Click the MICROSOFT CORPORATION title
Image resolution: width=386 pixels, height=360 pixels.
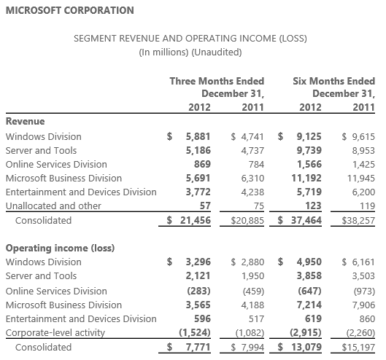[x=70, y=11]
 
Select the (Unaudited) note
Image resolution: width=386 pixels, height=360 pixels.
[x=217, y=52]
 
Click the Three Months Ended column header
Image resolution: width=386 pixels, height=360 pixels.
[x=217, y=81]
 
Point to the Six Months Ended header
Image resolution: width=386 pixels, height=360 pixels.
[x=333, y=81]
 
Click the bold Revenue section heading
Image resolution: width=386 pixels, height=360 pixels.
[x=25, y=121]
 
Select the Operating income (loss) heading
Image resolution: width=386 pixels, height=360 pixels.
[x=60, y=248]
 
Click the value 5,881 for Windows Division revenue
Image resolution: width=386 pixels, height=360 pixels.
[x=198, y=136]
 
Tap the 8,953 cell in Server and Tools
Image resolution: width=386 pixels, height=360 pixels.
[x=363, y=151]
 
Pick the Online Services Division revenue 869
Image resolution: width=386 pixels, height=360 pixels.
[x=202, y=164]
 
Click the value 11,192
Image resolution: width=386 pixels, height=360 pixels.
[x=306, y=178]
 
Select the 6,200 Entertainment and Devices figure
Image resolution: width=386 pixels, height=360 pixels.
[x=363, y=192]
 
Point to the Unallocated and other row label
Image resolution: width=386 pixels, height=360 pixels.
[x=53, y=206]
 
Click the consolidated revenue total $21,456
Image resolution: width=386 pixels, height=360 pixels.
[x=189, y=220]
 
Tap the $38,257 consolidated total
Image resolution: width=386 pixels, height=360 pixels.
[x=358, y=221]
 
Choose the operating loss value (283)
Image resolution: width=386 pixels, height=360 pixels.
[x=199, y=291]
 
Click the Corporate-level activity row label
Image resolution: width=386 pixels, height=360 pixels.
[x=55, y=333]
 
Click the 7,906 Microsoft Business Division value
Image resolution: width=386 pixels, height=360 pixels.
[x=363, y=305]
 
